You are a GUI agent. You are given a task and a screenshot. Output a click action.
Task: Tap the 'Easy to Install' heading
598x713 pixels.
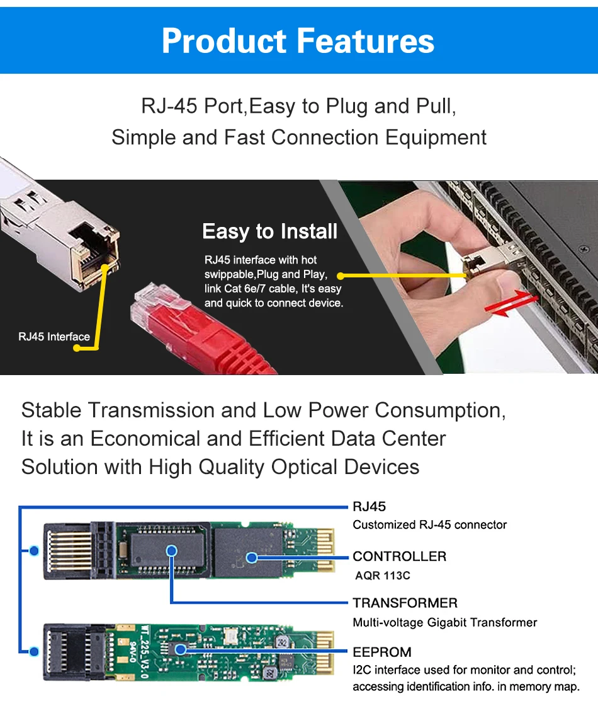(x=270, y=231)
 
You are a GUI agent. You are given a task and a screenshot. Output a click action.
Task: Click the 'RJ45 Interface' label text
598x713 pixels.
(x=54, y=337)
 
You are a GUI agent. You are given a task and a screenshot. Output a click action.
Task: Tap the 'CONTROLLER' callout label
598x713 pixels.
(x=399, y=556)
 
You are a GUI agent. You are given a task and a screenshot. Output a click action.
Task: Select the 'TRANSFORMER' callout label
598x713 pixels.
(x=405, y=603)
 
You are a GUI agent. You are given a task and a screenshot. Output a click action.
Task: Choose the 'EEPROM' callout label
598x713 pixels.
(x=382, y=652)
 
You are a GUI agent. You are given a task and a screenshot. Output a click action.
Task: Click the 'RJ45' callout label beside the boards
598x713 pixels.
(x=370, y=506)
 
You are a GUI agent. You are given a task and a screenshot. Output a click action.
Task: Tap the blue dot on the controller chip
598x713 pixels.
(x=252, y=557)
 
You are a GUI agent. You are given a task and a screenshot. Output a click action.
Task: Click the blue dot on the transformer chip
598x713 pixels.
(x=171, y=550)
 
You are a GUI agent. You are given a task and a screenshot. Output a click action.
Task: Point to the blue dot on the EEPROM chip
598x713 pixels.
(x=181, y=649)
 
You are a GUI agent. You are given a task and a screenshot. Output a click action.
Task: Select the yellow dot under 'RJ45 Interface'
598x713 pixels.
(x=77, y=348)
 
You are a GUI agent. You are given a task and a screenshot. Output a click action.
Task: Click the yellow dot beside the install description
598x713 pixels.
(x=341, y=275)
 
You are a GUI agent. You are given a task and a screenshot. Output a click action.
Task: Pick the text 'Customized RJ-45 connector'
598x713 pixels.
(x=429, y=525)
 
